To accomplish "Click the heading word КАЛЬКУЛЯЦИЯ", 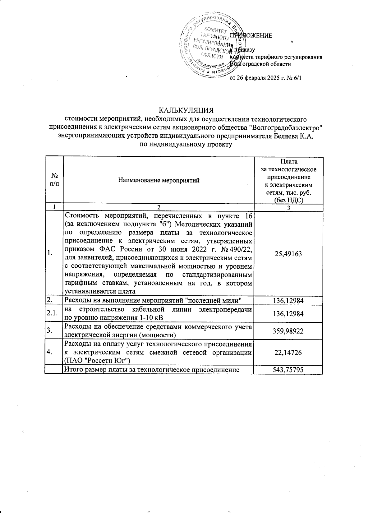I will point(186,111).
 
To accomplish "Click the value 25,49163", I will point(288,254).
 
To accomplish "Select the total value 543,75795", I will point(288,370).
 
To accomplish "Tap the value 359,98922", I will point(288,331).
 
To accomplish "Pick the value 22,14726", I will point(288,353).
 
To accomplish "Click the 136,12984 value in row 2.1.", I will point(288,314).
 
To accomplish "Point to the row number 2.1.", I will point(53,313).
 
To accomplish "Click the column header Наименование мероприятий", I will point(159,180).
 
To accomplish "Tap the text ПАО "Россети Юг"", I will point(97,360).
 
